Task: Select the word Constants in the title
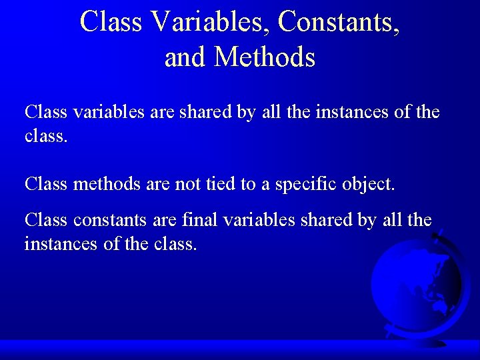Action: point(339,21)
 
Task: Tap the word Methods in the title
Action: point(265,57)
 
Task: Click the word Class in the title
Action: point(111,21)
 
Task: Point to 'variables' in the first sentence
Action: point(108,112)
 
